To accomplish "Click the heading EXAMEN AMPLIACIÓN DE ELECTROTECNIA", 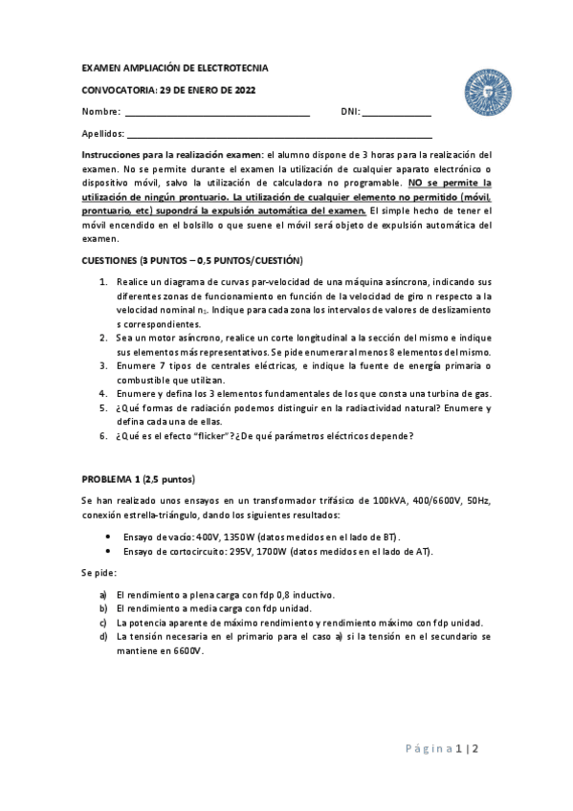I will [x=175, y=69].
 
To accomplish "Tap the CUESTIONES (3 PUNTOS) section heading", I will [x=192, y=260].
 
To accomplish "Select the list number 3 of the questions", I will [x=103, y=366].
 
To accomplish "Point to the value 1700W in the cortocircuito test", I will [x=268, y=552].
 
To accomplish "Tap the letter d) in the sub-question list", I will [x=103, y=635].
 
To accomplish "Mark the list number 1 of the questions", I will [x=103, y=283].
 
